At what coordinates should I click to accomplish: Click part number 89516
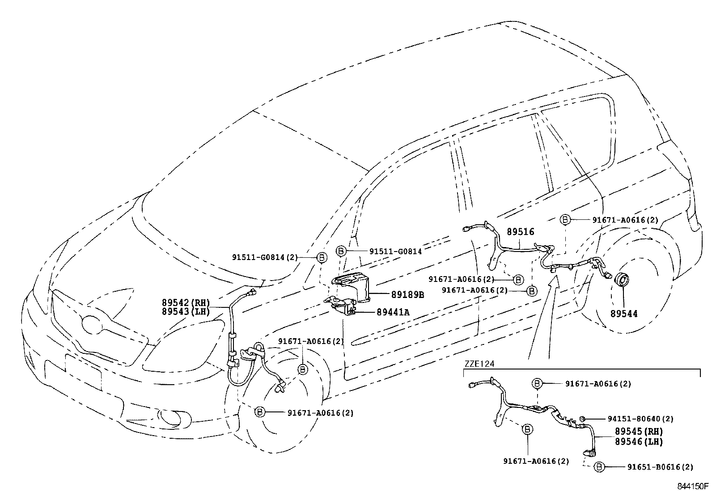(x=520, y=232)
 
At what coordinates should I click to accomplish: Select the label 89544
(x=624, y=314)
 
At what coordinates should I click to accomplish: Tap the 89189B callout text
(x=407, y=295)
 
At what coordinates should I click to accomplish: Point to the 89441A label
(x=393, y=312)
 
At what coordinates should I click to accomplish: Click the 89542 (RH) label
(x=186, y=302)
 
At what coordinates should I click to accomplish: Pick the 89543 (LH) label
(x=186, y=311)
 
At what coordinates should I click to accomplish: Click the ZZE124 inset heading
(x=479, y=364)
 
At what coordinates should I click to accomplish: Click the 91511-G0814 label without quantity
(x=395, y=252)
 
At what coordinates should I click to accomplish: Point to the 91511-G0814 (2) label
(x=265, y=257)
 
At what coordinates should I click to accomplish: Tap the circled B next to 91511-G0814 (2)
(x=321, y=257)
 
